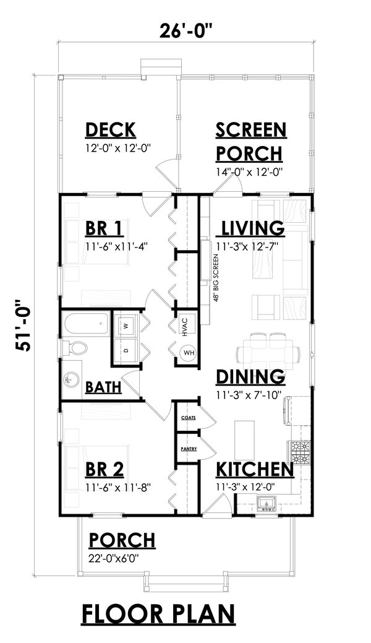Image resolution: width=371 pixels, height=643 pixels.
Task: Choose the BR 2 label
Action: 104,468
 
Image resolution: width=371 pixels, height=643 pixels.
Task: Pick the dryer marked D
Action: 126,350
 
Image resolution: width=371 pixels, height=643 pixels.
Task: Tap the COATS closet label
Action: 188,418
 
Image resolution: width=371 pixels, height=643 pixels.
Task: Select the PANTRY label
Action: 188,448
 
